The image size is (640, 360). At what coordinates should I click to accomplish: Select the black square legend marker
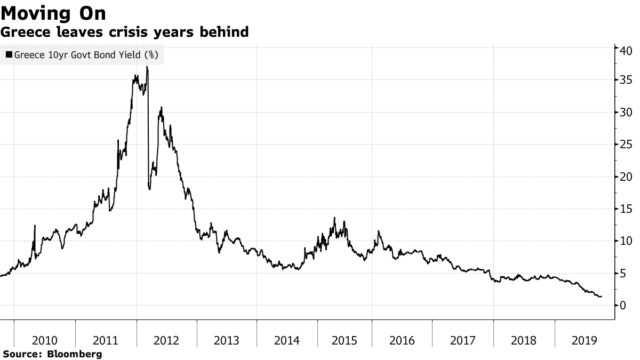(9, 54)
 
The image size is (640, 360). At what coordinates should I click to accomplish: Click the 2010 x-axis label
(45, 340)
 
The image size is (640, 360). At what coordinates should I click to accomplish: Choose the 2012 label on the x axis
(166, 340)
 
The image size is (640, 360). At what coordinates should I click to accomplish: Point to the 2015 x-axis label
(349, 340)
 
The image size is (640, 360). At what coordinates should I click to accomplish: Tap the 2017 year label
(463, 340)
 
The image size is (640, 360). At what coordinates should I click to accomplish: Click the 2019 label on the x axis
(585, 340)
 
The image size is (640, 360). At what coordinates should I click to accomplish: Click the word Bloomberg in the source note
(75, 354)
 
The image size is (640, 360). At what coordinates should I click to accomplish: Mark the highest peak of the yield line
(147, 67)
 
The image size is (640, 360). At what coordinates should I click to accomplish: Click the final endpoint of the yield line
(602, 297)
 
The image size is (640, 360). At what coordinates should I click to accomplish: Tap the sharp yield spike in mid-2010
(35, 226)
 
